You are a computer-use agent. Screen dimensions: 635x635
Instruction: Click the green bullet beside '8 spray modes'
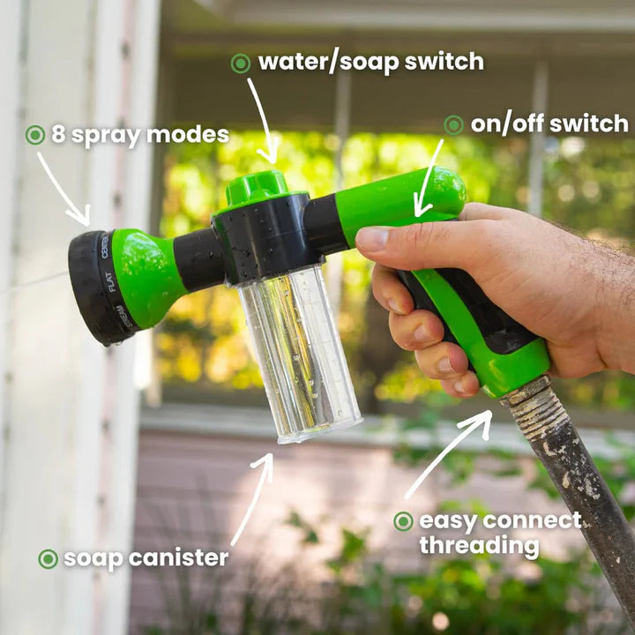[x=35, y=135]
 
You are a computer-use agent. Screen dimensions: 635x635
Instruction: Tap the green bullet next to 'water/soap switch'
[x=241, y=63]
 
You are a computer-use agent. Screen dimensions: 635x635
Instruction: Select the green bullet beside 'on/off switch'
[x=453, y=125]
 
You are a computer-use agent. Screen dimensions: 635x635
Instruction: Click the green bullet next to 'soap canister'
[x=49, y=558]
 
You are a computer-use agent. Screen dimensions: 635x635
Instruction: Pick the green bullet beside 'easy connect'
[x=403, y=521]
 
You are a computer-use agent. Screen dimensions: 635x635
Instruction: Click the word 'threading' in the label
[x=479, y=546]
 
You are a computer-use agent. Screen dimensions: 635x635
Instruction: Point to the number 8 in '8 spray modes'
[x=58, y=135]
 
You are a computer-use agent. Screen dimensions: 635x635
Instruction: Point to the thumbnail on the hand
[x=373, y=237]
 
